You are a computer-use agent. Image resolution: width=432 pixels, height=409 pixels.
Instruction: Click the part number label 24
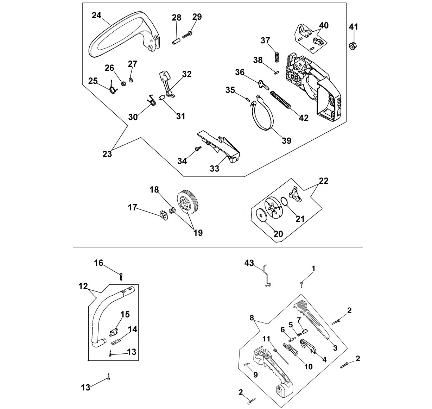[x=96, y=15]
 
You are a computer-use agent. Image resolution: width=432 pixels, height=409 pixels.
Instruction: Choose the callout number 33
[x=215, y=169]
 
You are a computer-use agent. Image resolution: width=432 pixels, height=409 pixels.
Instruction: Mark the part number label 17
[x=133, y=207]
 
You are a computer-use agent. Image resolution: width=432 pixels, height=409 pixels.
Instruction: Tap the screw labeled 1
[x=302, y=284]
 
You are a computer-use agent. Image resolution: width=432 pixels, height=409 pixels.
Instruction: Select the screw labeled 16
[x=121, y=276]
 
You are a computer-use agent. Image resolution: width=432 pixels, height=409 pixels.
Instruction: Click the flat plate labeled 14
[x=116, y=342]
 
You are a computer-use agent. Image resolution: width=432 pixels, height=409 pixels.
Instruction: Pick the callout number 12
[x=83, y=286]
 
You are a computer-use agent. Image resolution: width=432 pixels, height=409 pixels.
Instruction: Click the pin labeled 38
[x=277, y=73]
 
